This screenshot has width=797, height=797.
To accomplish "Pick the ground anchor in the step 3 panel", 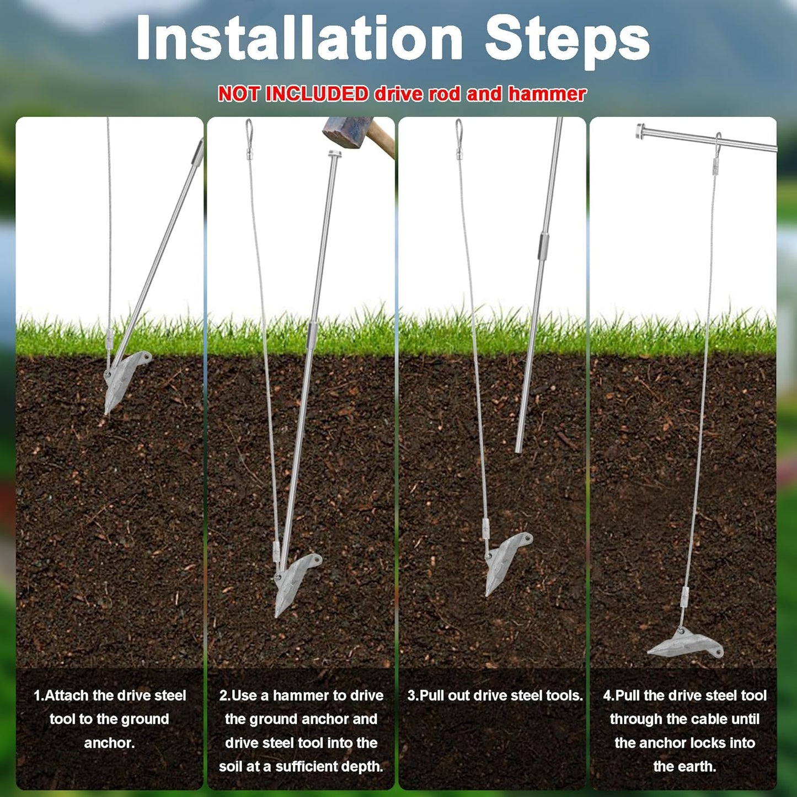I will coord(507,560).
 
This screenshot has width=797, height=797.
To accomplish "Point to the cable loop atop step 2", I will coord(249,129).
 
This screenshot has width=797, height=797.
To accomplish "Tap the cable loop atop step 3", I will coord(458,129).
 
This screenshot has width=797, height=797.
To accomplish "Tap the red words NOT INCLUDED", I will coord(293,94).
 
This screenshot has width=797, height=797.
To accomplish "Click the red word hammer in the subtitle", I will coord(547,94).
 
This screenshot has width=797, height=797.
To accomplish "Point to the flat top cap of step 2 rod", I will coord(335,154).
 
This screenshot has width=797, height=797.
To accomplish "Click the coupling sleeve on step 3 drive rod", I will coord(544,245).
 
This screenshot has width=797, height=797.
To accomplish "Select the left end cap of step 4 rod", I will coord(640,131).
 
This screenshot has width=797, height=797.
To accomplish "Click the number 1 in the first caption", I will coord(38,696).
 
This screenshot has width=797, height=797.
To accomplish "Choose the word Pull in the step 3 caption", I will coord(432,696).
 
